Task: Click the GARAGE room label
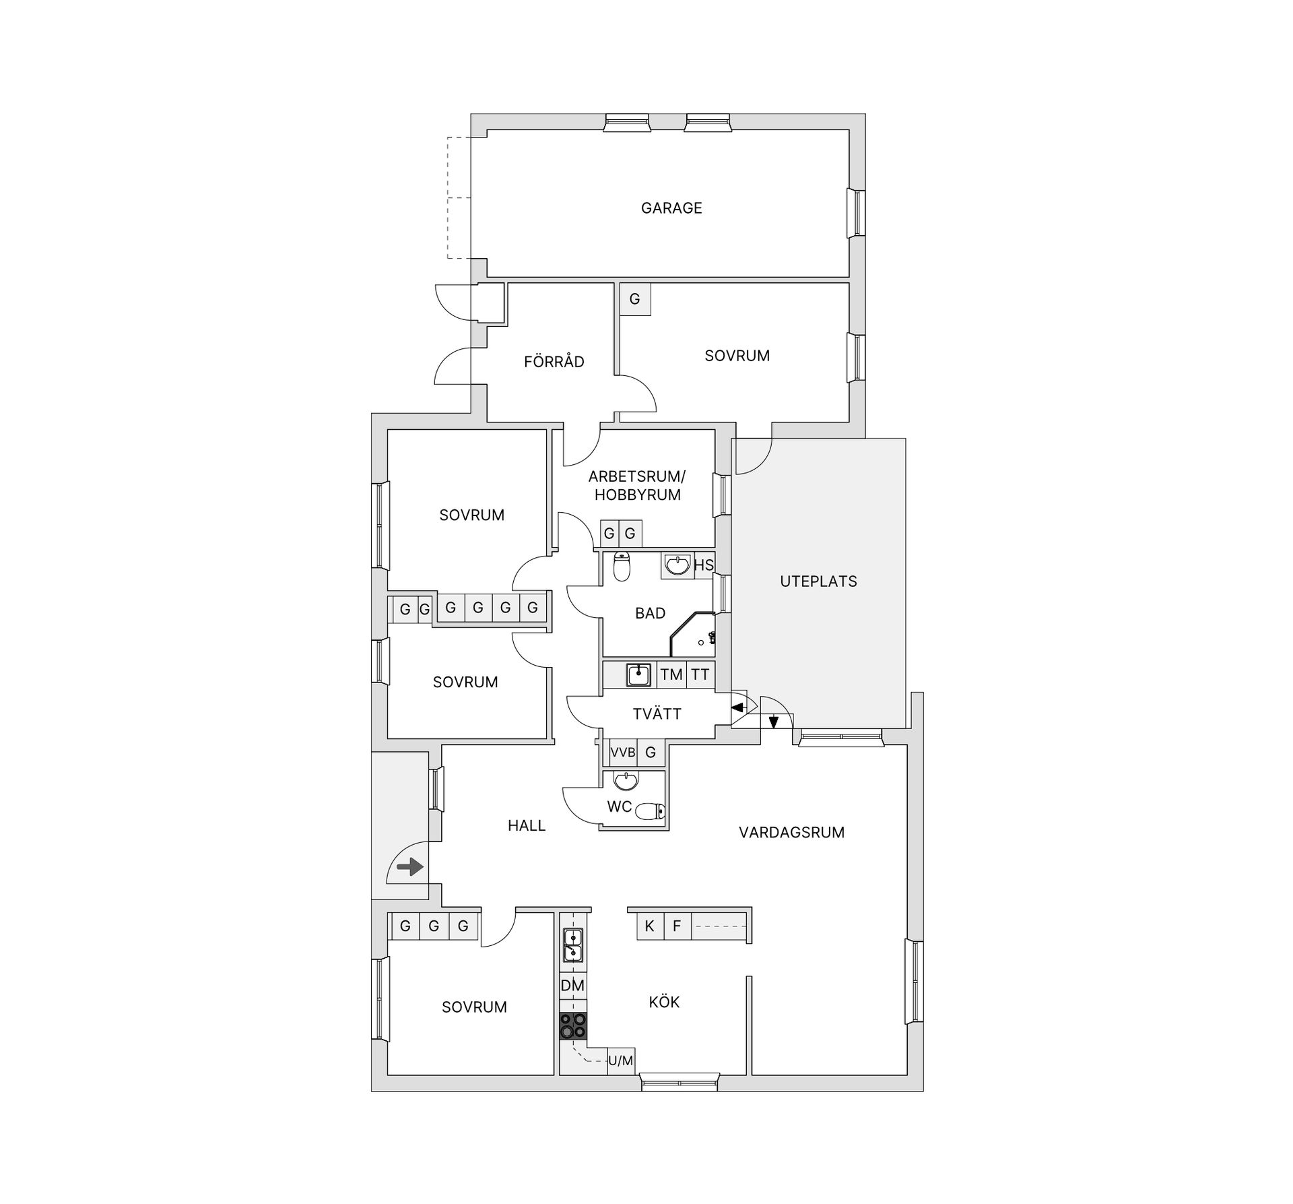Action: point(671,208)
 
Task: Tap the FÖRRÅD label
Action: point(554,362)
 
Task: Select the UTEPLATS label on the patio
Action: point(818,581)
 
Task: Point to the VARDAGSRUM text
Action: point(791,833)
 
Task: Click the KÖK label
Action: point(664,1002)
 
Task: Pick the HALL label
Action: point(527,826)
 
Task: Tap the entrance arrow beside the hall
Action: point(410,866)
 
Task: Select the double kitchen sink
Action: point(573,945)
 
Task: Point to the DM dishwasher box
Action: point(573,986)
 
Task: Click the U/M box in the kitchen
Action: point(621,1061)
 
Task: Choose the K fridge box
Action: point(650,926)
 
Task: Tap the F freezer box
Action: point(677,926)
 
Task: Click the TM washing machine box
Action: point(671,674)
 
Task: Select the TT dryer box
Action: point(700,674)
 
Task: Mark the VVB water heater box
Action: point(623,753)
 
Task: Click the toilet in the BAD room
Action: point(622,567)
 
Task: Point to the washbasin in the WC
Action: point(626,781)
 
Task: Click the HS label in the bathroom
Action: point(703,565)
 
